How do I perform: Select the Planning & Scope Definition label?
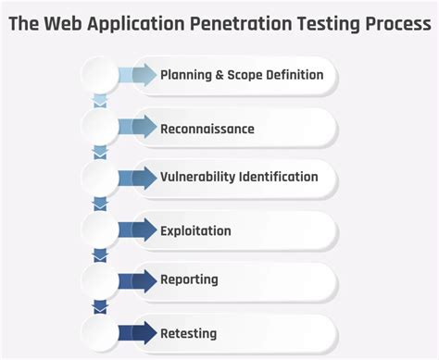(242, 75)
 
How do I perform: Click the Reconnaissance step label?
(207, 129)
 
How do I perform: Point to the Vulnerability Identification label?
(239, 177)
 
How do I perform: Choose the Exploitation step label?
(195, 230)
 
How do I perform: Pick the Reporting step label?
(189, 279)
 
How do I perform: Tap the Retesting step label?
(188, 332)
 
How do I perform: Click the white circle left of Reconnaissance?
(100, 128)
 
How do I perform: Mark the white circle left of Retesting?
(100, 332)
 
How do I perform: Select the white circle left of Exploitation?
(100, 230)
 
